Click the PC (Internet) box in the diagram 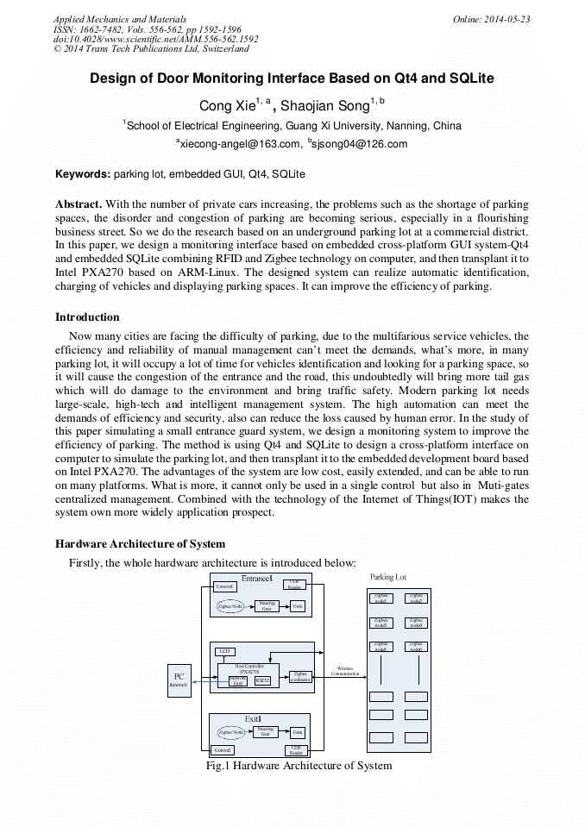(179, 680)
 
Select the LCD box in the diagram (224, 651)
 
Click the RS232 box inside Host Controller (262, 680)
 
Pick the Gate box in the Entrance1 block (298, 606)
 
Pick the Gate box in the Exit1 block (298, 732)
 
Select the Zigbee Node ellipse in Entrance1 (230, 606)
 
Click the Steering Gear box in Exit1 (265, 731)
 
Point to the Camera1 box (224, 586)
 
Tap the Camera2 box (223, 750)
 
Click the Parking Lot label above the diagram (388, 577)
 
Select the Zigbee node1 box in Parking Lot (381, 597)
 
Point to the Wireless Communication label (345, 671)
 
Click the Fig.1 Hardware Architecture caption (299, 766)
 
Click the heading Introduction (87, 317)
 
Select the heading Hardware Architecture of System (140, 544)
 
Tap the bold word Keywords (83, 174)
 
